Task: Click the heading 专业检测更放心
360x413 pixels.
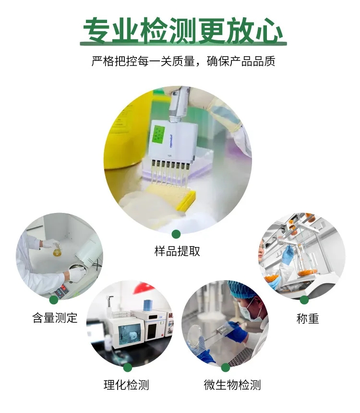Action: (x=183, y=31)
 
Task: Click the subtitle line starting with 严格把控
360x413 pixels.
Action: (x=183, y=61)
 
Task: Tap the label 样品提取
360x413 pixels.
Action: (x=177, y=251)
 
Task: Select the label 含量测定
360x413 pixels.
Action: (x=55, y=318)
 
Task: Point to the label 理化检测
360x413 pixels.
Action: (x=126, y=385)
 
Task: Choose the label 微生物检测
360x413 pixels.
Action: (x=232, y=385)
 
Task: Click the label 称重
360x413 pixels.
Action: (x=308, y=319)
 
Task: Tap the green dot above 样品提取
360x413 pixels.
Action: (x=176, y=234)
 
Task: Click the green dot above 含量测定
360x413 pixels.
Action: (x=54, y=300)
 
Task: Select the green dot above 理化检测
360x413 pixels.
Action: (x=128, y=367)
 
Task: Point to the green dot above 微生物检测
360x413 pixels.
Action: (x=225, y=367)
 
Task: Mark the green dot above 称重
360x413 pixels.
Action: (x=304, y=300)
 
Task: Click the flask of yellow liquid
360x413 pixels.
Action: (x=57, y=250)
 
